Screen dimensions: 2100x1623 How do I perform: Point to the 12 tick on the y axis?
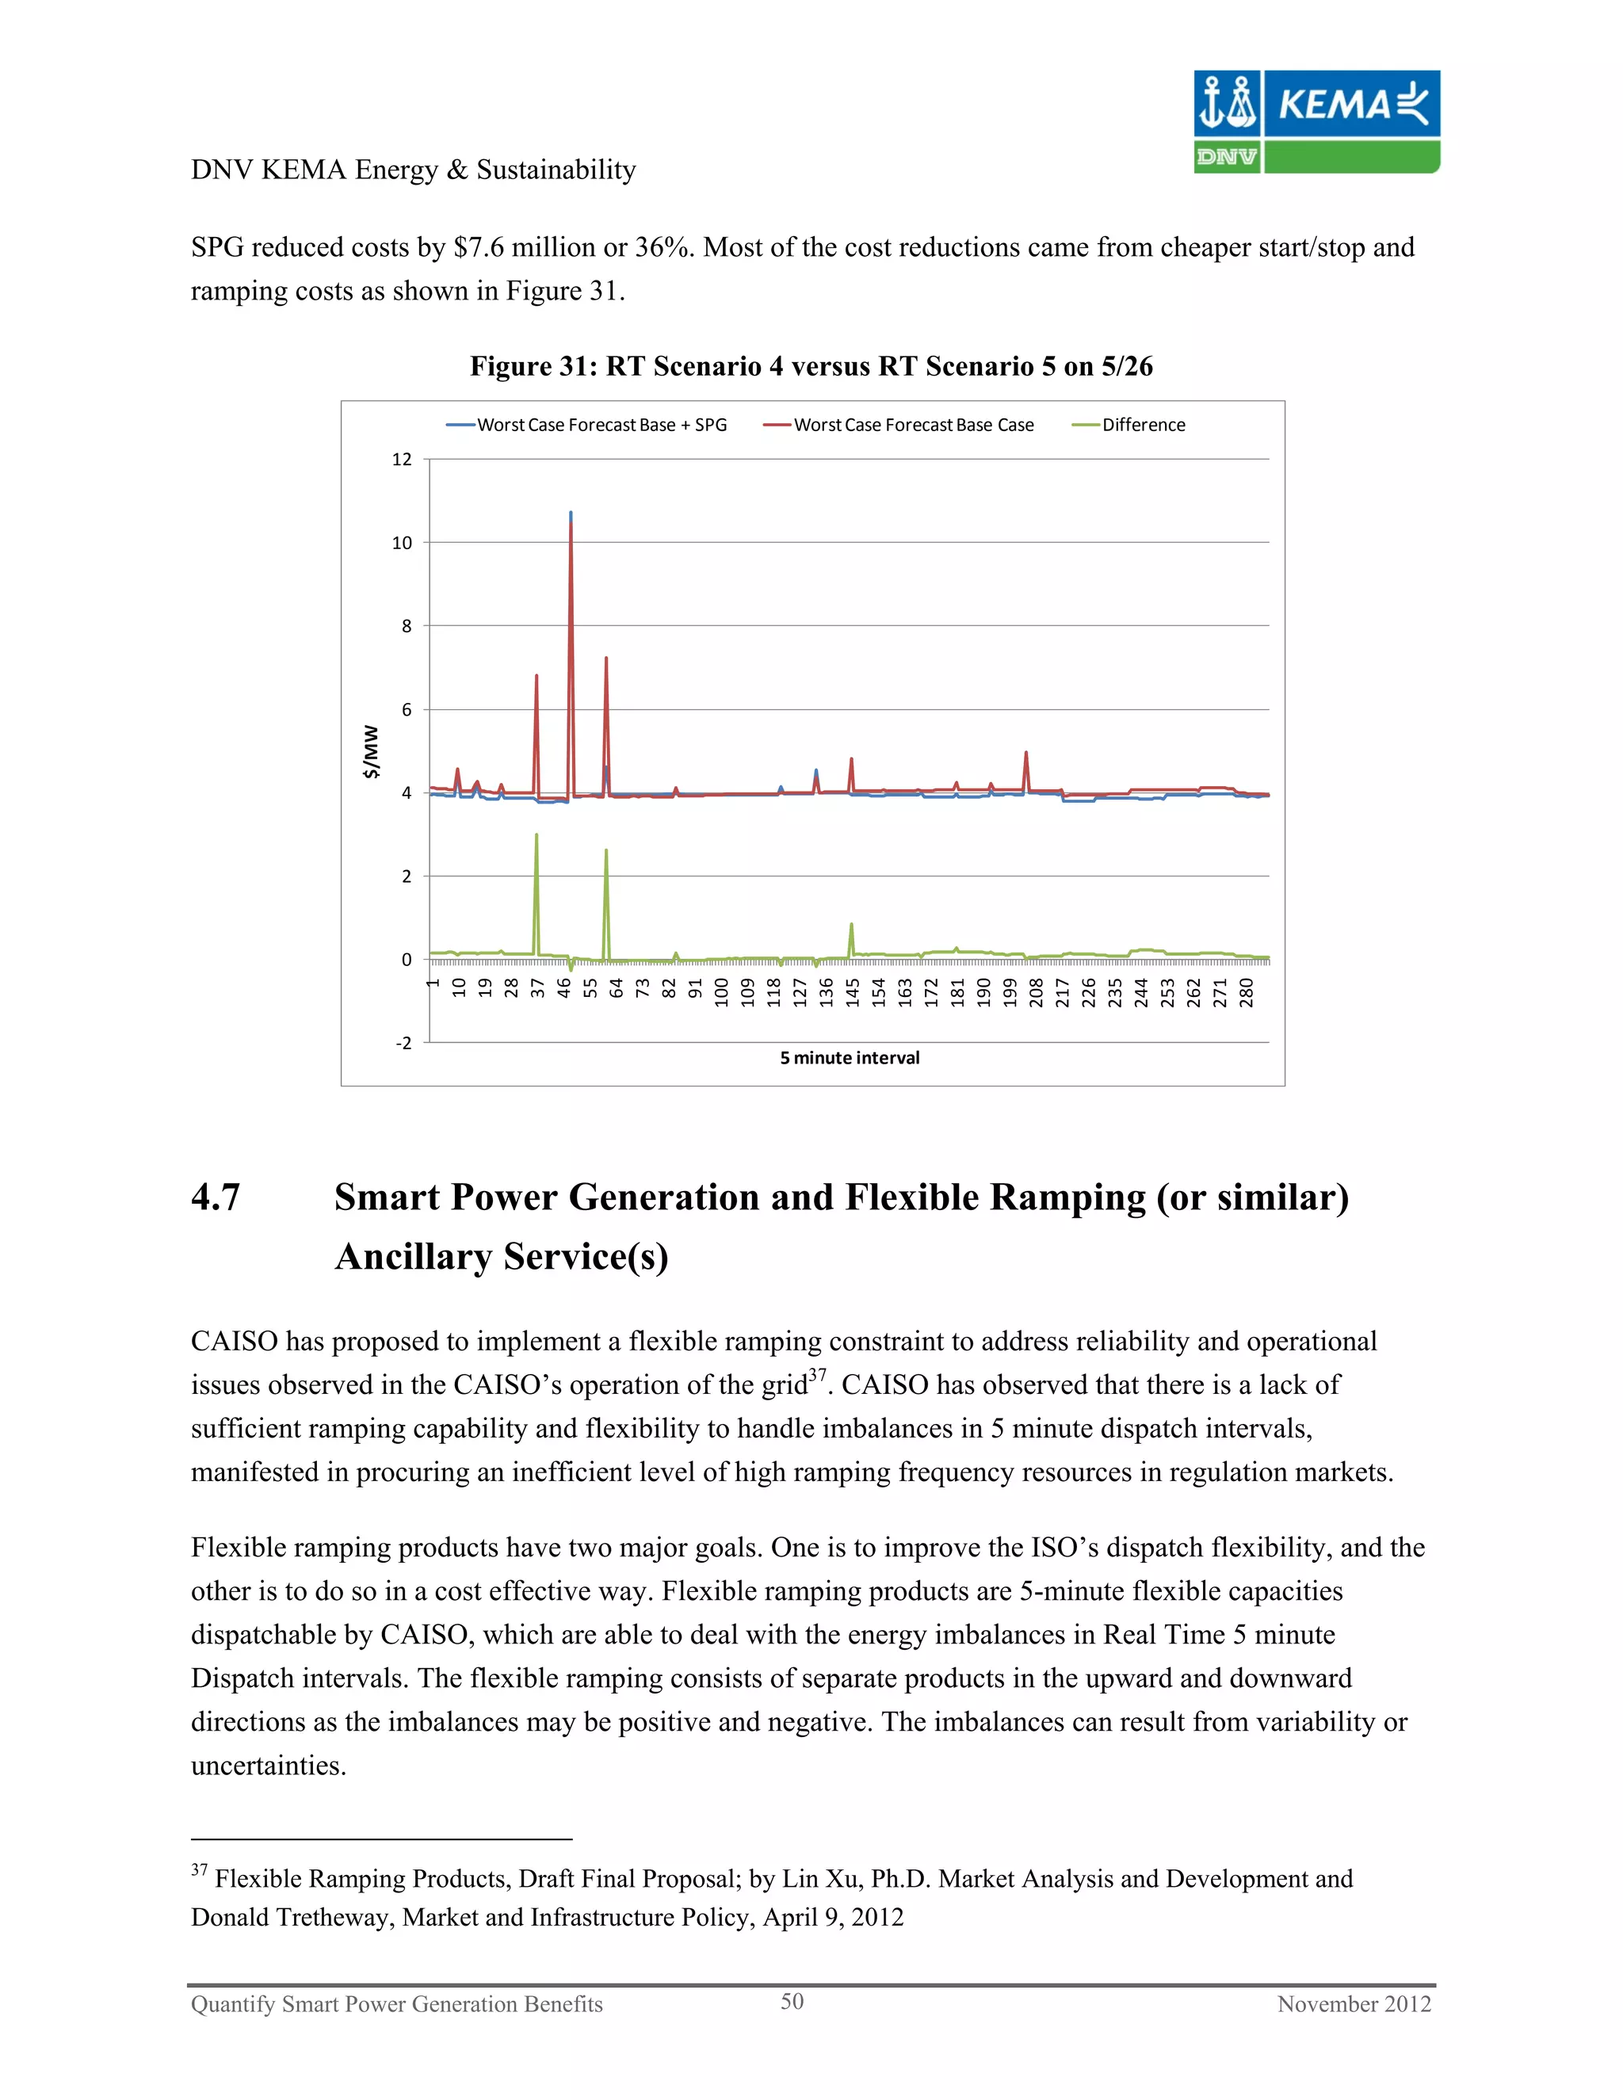402,460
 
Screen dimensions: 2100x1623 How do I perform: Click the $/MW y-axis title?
370,752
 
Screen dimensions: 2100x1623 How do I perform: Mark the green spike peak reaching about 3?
537,834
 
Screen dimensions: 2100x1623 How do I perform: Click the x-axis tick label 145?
852,992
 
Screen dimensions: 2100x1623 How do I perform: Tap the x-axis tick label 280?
1246,992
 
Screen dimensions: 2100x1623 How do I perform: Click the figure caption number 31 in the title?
571,366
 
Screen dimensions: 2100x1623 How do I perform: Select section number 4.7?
216,1197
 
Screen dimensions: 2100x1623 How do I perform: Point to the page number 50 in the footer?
792,2001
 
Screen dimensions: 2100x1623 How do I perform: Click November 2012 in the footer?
1353,2004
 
